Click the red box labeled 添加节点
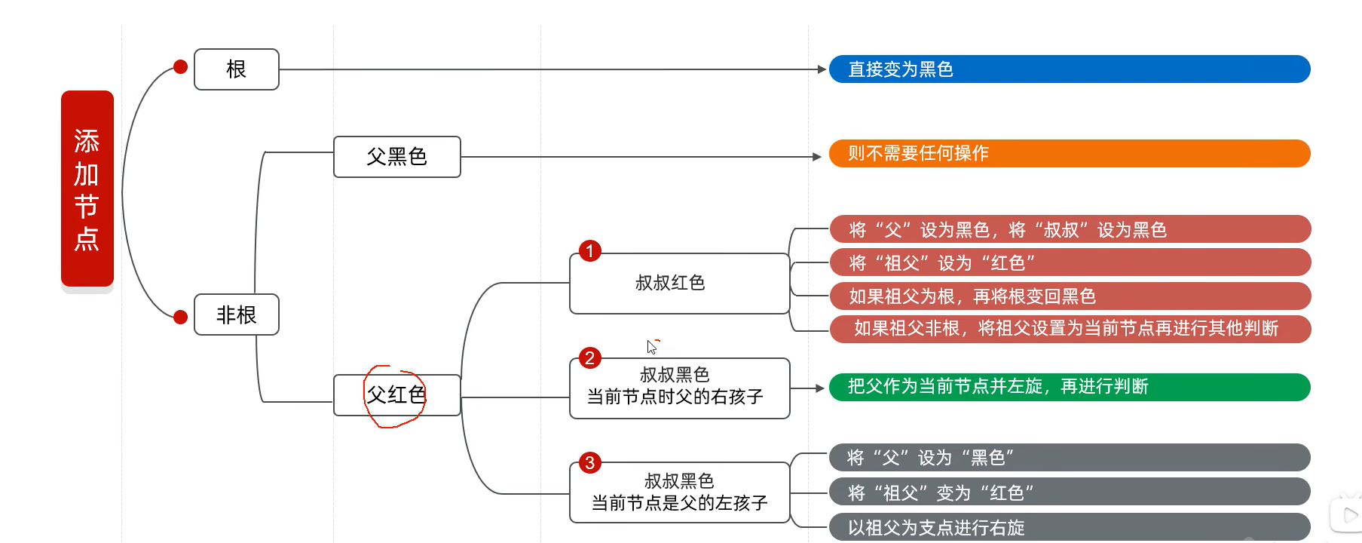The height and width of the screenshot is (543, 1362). click(87, 189)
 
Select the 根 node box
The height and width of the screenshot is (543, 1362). click(237, 69)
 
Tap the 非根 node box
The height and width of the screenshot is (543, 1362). click(237, 314)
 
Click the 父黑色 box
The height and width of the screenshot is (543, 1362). click(397, 157)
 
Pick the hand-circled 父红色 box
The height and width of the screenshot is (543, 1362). click(396, 395)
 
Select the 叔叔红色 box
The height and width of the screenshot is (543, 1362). click(679, 284)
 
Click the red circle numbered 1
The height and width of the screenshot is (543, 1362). click(590, 251)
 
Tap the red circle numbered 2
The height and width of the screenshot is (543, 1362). click(590, 358)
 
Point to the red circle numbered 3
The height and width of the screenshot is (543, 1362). click(590, 463)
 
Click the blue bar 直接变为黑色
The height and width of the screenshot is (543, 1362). click(1069, 69)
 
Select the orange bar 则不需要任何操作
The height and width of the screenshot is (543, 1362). click(1069, 154)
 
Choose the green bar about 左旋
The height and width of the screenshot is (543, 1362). click(1069, 387)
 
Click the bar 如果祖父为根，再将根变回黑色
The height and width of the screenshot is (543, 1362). click(1069, 296)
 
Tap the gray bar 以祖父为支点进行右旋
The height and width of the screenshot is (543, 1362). click(1069, 527)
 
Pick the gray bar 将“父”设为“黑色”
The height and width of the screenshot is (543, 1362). click(1069, 458)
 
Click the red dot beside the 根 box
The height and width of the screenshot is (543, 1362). click(180, 67)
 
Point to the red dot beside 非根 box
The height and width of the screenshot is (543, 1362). click(180, 318)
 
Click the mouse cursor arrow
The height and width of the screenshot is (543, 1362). click(651, 346)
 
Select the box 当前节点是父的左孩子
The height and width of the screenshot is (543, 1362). click(679, 492)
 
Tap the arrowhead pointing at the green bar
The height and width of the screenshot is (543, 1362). click(819, 388)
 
